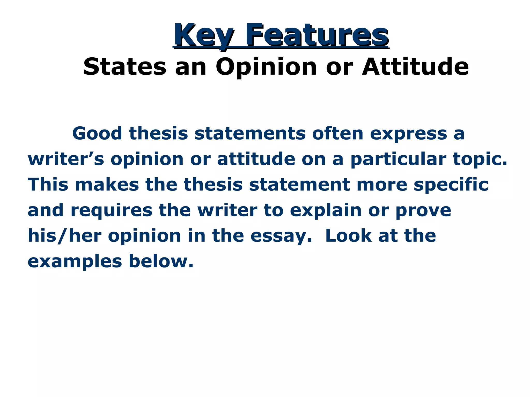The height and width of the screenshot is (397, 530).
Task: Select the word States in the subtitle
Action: coord(125,67)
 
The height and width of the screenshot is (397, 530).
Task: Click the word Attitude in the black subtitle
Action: coord(415,67)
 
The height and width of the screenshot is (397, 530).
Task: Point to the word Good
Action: coord(97,134)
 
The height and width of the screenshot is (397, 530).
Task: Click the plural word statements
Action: coord(250,134)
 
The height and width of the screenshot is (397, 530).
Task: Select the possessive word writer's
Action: coord(66,159)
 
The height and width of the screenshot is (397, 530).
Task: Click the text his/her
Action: coord(64,236)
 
